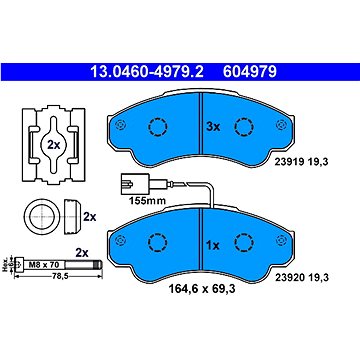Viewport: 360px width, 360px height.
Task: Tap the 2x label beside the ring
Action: [89, 216]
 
